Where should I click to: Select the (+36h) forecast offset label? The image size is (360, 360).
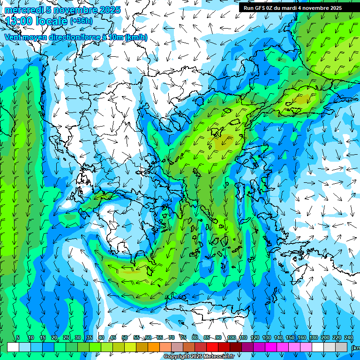[81, 21]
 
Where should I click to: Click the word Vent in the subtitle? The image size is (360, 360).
[14, 37]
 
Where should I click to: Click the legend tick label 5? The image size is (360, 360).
[18, 337]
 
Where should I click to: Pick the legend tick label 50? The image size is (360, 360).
[124, 337]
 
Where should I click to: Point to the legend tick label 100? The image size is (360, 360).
[231, 337]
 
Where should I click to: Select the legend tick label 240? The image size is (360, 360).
[349, 337]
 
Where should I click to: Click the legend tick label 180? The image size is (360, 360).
[313, 337]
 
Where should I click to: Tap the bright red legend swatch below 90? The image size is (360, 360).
[212, 347]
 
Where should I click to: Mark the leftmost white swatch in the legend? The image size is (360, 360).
[13, 347]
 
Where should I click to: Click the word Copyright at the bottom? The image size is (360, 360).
[177, 357]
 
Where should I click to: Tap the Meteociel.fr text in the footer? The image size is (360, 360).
[218, 357]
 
